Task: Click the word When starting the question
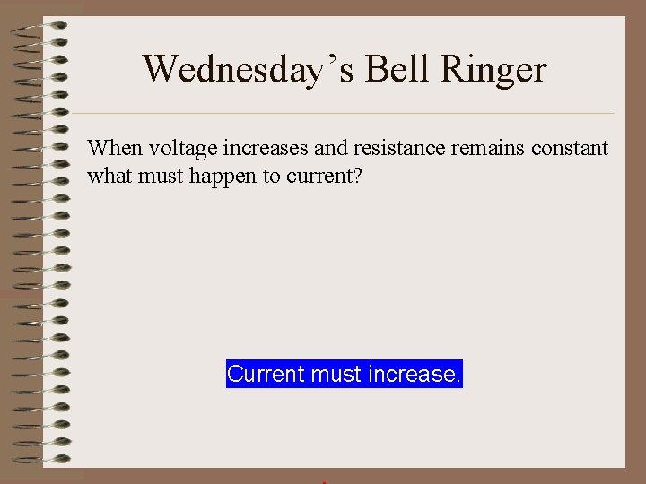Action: (x=109, y=148)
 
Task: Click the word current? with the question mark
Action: (x=324, y=176)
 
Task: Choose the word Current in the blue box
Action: (x=266, y=374)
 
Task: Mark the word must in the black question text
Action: (x=155, y=176)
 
